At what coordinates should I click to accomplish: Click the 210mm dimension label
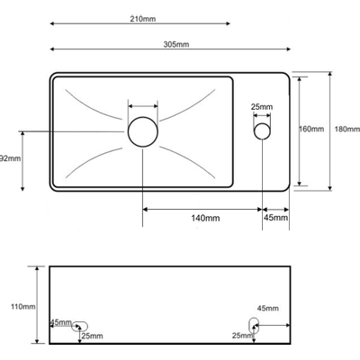click(143, 19)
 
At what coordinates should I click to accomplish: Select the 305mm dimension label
click(176, 44)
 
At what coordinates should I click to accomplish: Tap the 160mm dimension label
click(311, 129)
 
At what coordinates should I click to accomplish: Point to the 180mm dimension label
click(347, 129)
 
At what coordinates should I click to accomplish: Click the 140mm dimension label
click(205, 218)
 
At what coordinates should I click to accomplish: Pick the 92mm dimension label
click(11, 158)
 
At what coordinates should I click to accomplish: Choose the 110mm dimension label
click(23, 307)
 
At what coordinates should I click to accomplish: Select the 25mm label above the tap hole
click(262, 107)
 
